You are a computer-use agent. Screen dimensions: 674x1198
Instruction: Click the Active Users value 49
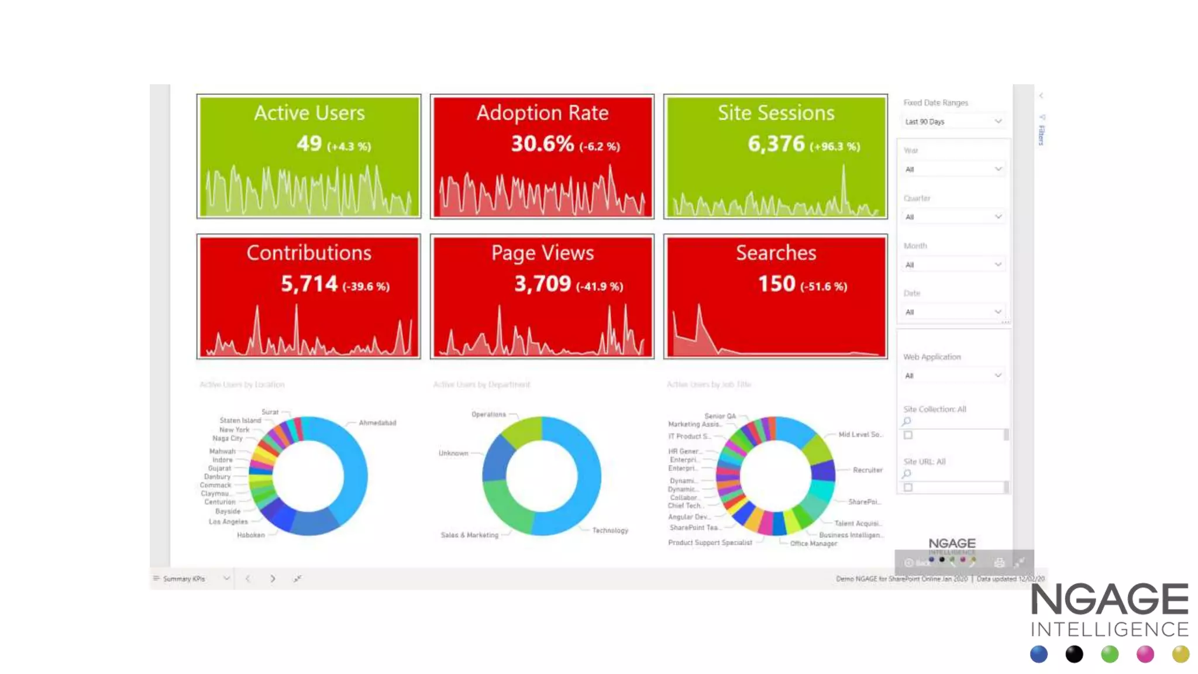click(x=309, y=143)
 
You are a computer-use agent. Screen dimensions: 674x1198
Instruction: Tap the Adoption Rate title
click(x=542, y=112)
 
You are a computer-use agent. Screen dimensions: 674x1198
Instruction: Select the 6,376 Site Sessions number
click(x=776, y=143)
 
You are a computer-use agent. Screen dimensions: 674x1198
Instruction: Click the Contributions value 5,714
click(x=309, y=284)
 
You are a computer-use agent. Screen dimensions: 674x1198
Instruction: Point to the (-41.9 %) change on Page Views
click(x=600, y=287)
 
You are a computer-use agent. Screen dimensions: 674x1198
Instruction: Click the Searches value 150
click(x=776, y=284)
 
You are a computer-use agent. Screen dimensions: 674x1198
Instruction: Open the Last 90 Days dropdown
click(x=953, y=122)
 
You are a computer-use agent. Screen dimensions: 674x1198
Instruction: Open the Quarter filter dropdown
click(x=953, y=217)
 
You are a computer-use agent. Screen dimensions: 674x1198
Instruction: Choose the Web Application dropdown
click(x=953, y=376)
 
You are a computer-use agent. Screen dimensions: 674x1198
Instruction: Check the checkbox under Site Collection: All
click(x=908, y=435)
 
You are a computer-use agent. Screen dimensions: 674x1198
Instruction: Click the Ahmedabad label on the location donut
click(x=377, y=422)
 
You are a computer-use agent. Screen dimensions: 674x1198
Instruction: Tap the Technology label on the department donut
click(x=610, y=530)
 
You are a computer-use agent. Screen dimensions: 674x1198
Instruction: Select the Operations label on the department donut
click(x=488, y=414)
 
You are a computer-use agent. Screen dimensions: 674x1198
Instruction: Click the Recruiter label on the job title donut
click(x=867, y=470)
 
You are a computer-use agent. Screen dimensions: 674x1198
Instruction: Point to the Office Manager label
click(x=813, y=544)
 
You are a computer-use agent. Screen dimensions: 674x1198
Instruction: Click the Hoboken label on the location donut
click(x=250, y=535)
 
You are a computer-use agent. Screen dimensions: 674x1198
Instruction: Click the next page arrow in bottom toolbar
click(x=273, y=579)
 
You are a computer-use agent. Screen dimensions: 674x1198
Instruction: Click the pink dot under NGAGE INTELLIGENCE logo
click(x=1145, y=654)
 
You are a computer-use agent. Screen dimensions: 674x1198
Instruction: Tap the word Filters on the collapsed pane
click(x=1041, y=135)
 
